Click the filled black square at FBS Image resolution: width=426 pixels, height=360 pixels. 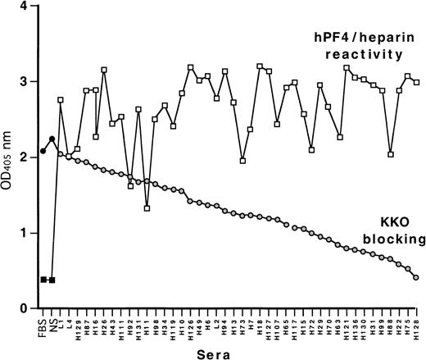point(43,280)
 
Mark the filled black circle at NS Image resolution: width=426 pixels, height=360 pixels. point(52,139)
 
